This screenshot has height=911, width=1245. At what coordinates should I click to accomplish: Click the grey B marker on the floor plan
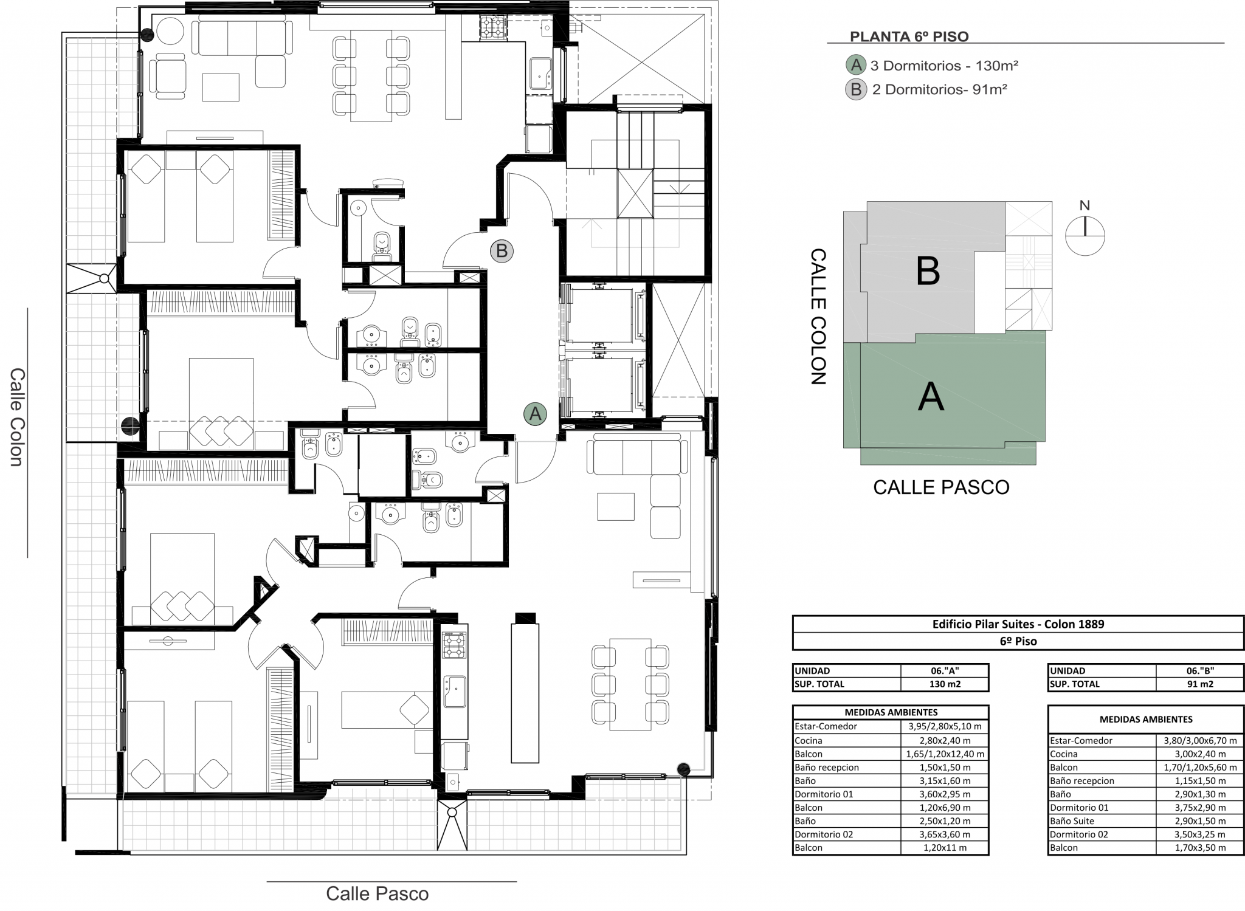[x=502, y=250]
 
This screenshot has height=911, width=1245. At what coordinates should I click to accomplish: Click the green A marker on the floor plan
[x=535, y=414]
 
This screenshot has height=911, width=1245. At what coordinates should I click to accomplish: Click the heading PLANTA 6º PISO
[x=909, y=36]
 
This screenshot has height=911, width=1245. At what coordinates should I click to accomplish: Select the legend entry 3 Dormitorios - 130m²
[x=944, y=66]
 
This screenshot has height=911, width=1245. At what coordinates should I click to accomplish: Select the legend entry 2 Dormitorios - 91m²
[x=940, y=90]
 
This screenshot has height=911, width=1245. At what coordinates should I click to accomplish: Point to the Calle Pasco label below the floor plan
[x=377, y=893]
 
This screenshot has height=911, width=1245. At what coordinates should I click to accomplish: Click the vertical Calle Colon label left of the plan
[x=16, y=417]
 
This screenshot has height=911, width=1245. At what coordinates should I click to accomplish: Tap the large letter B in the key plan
[x=928, y=271]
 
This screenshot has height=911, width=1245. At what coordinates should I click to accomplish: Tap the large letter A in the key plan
[x=931, y=397]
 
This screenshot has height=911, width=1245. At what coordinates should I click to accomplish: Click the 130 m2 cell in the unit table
[x=944, y=684]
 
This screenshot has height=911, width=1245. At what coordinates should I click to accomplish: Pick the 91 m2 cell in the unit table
[x=1199, y=684]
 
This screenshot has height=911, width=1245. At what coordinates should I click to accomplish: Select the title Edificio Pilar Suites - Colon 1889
[x=1018, y=624]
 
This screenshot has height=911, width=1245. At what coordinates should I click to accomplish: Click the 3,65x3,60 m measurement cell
[x=945, y=834]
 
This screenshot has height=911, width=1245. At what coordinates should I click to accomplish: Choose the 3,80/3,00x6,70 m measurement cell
[x=1200, y=741]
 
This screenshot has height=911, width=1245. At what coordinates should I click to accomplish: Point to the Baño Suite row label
[x=1072, y=821]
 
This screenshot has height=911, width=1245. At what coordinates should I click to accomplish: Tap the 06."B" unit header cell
[x=1199, y=671]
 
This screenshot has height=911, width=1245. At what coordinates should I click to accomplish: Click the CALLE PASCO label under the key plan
[x=941, y=487]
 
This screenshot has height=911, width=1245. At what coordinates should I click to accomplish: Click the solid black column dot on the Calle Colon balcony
[x=130, y=425]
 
